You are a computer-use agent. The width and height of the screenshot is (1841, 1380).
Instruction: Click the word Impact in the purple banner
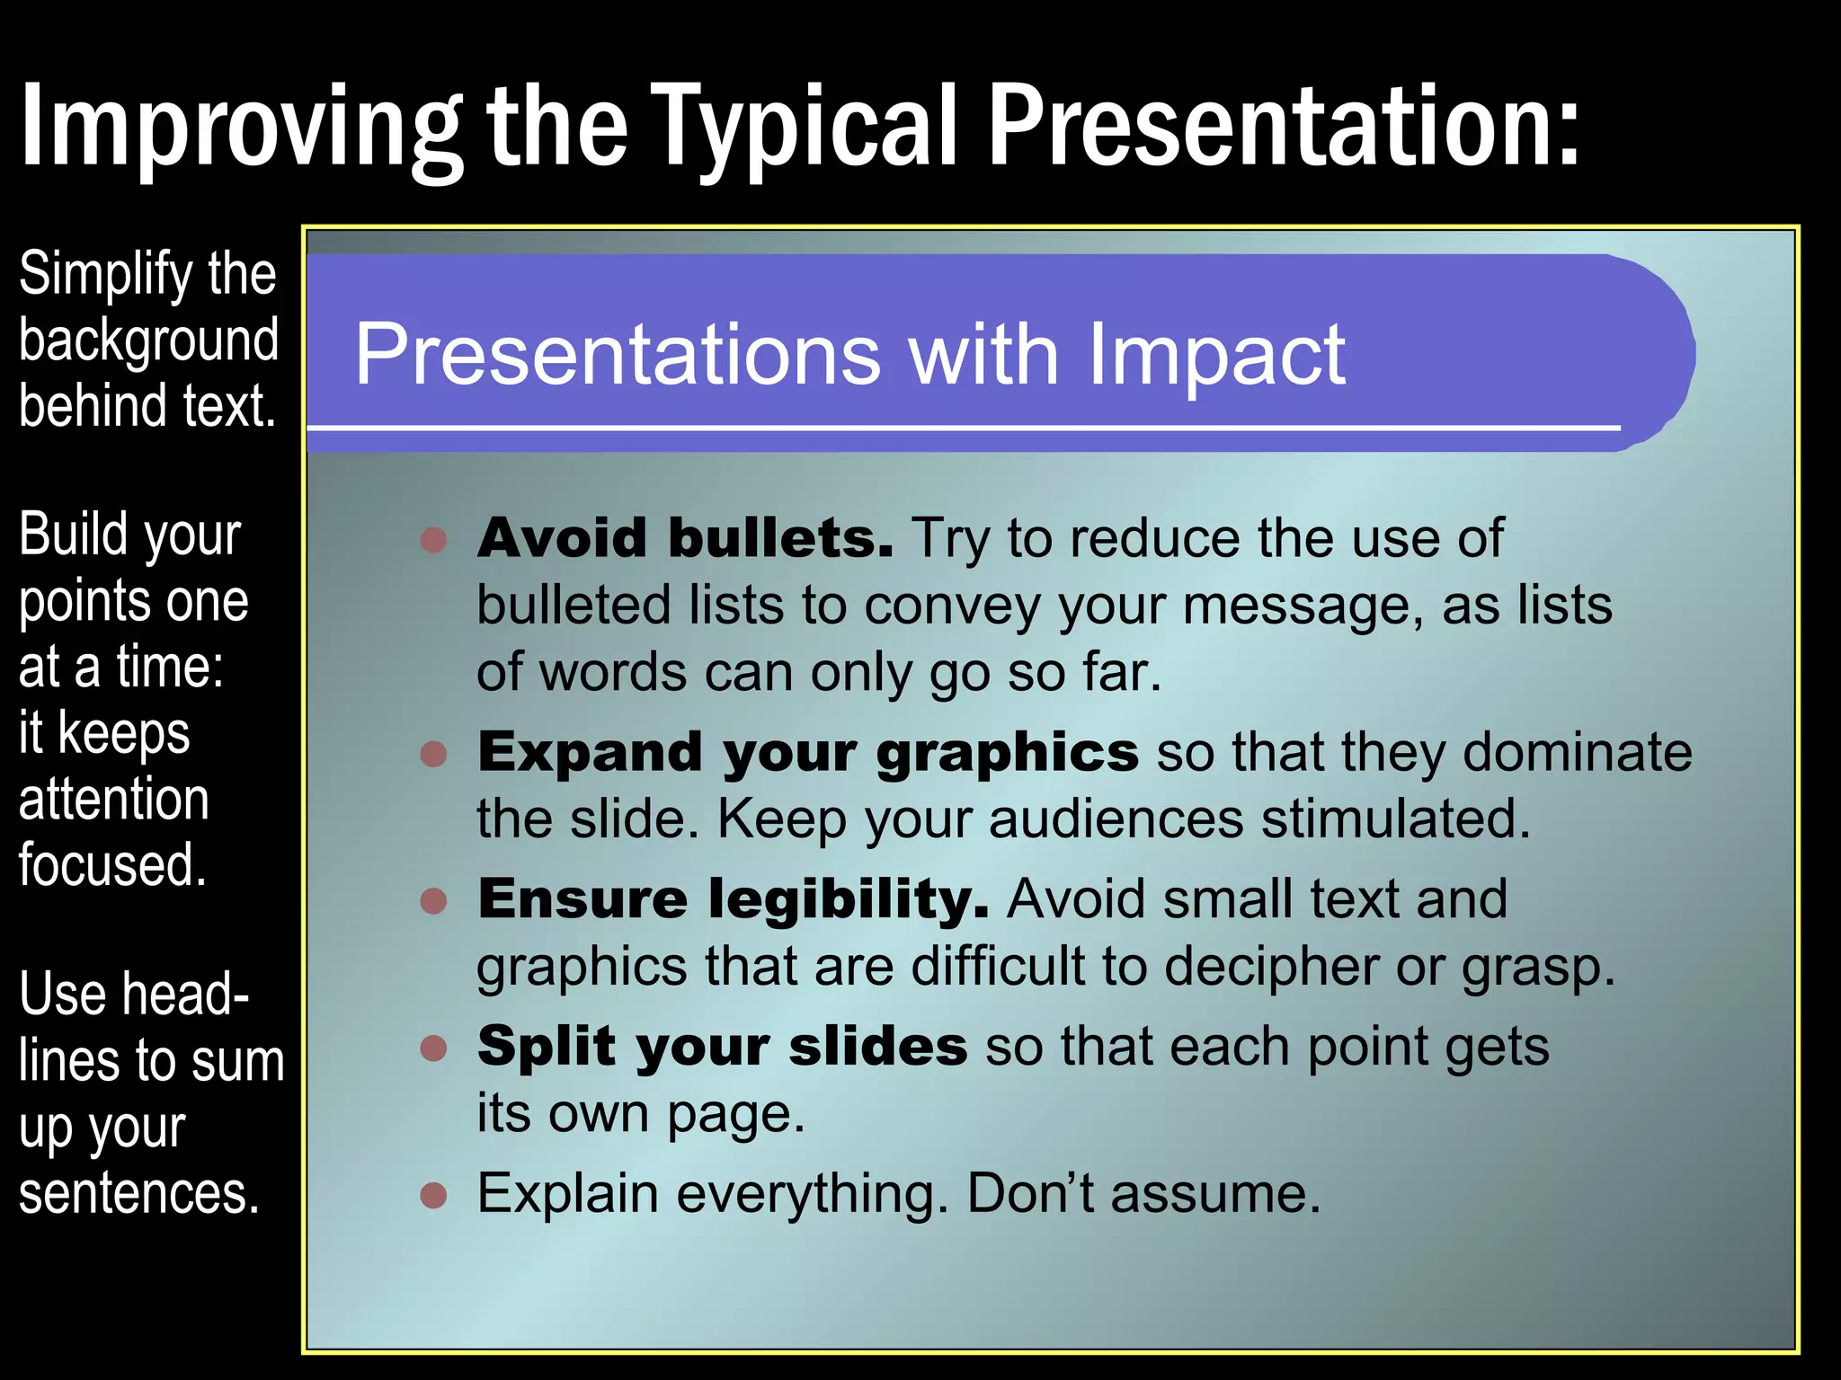point(1215,355)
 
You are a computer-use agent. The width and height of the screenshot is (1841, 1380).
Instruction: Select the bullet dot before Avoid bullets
point(434,539)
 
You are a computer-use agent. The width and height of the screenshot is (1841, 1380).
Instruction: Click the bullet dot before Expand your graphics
point(434,753)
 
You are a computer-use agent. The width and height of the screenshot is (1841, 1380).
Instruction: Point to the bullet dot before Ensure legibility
point(434,900)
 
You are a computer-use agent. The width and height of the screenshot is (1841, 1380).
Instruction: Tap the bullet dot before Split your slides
point(434,1048)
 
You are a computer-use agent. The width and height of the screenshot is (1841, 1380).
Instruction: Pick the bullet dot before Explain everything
point(434,1195)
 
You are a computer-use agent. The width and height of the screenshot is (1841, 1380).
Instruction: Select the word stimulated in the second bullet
point(1394,819)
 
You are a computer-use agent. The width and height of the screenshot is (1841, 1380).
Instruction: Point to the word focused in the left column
point(112,865)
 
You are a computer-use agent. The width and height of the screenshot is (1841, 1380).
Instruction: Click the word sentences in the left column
point(139,1194)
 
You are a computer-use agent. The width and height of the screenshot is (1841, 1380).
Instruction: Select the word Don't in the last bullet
point(1030,1193)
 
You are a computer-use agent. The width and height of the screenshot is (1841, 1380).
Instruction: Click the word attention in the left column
point(114,799)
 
